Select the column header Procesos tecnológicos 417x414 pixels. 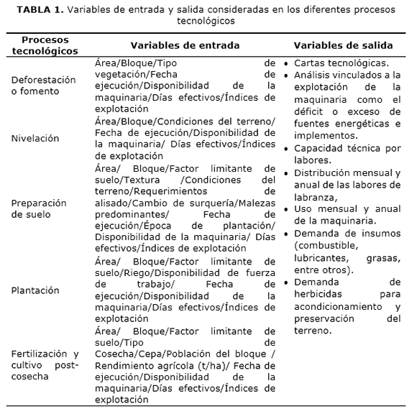click(45, 45)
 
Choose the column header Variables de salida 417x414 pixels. click(342, 45)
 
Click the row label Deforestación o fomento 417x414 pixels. click(43, 86)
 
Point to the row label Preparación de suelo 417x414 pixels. click(40, 208)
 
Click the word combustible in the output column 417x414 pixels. click(324, 246)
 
